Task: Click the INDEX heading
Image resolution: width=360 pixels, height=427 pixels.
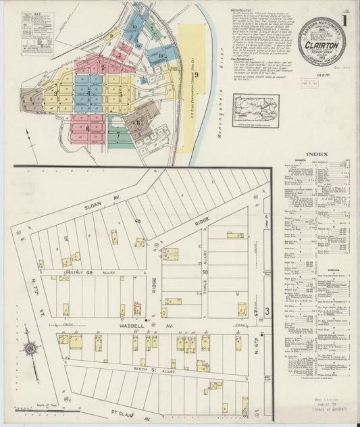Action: (317, 154)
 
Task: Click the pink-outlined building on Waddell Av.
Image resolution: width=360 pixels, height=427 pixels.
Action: (137, 309)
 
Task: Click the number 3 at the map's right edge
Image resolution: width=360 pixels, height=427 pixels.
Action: (267, 311)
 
